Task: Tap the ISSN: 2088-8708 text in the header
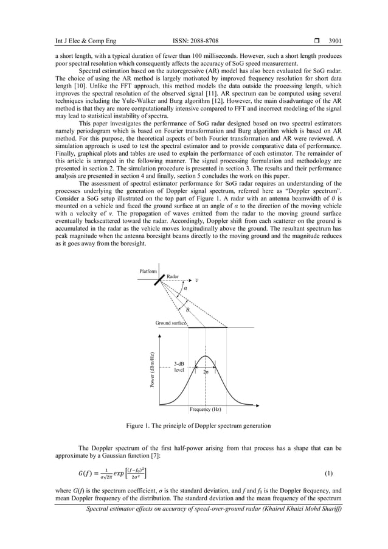tap(194, 41)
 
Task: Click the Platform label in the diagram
tap(148, 271)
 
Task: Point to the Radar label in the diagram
tap(173, 276)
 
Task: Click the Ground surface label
tap(170, 323)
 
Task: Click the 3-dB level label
tap(179, 366)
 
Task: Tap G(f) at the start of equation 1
tap(85, 473)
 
